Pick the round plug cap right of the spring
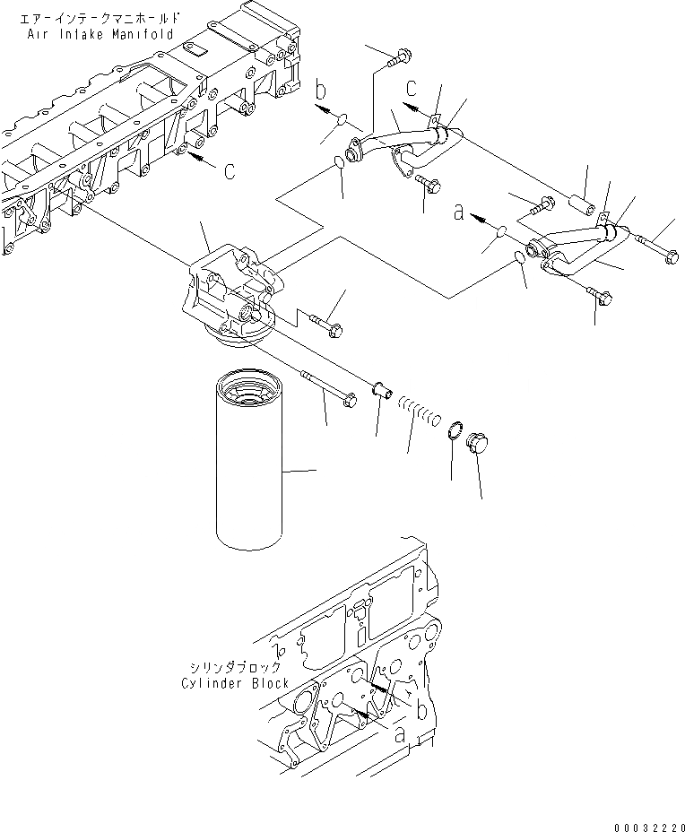(x=480, y=446)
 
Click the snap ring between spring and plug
(x=455, y=432)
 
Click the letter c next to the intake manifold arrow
(x=230, y=170)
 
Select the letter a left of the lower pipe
(x=459, y=213)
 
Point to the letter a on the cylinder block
(x=400, y=733)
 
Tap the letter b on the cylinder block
(x=420, y=709)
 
